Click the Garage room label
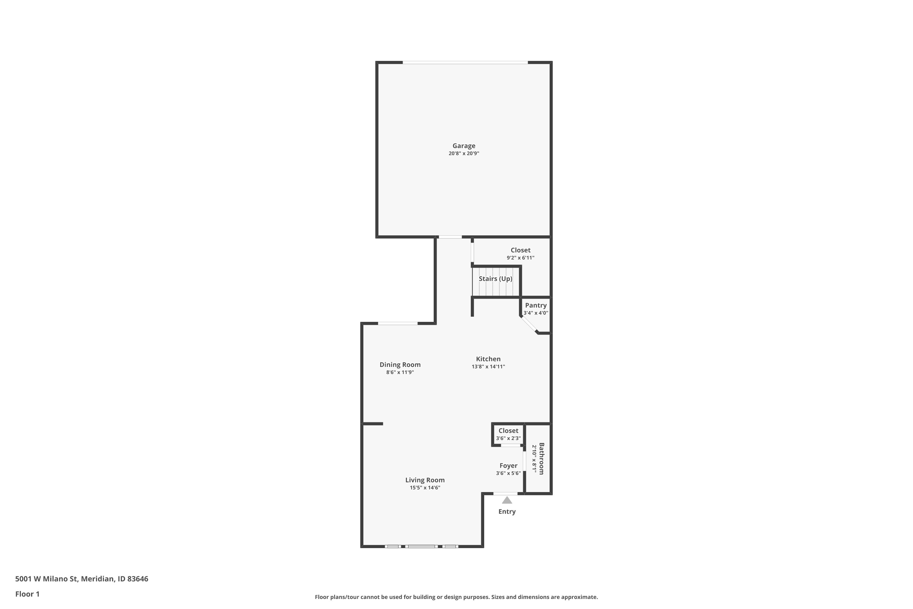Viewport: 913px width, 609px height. (463, 146)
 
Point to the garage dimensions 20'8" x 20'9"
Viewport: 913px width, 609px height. (463, 153)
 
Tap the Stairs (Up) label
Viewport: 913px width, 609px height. (495, 279)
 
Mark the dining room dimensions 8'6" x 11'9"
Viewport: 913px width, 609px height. (400, 372)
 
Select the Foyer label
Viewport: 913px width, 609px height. (508, 466)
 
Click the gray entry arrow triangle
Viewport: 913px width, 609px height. (507, 500)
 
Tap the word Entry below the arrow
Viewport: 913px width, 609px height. (507, 512)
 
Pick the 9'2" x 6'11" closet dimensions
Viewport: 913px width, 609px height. (520, 258)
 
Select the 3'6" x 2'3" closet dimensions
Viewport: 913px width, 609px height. (508, 438)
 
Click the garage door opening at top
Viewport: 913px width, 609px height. (465, 62)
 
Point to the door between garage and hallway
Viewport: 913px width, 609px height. (450, 237)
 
